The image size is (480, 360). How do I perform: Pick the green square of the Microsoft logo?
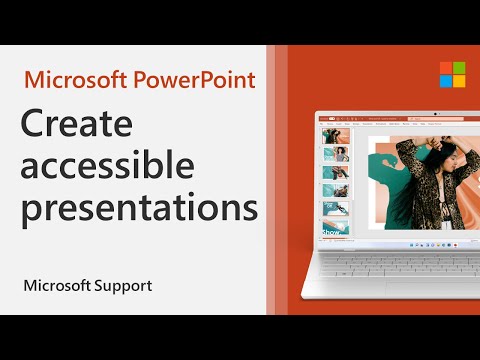click(445, 67)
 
